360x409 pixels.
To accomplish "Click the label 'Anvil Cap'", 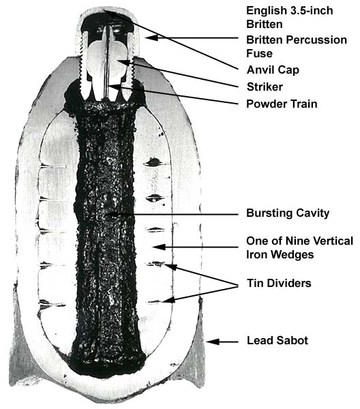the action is (273, 70).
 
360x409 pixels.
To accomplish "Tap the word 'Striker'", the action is (265, 87).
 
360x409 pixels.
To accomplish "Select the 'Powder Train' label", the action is (282, 104).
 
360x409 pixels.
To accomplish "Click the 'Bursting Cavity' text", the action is (288, 213).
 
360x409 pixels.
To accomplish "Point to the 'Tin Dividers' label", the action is (279, 283).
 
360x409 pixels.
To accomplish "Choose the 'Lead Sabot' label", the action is (277, 340).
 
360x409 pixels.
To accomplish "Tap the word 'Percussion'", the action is (316, 40).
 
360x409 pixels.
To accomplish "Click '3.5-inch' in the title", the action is (311, 11).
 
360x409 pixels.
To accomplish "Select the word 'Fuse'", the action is (259, 53).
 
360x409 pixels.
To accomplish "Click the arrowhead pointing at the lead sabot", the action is (213, 342).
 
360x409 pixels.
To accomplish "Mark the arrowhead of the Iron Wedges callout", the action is (159, 247).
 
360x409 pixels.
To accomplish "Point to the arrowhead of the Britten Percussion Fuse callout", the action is (151, 37).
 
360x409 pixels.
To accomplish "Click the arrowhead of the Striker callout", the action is (123, 62).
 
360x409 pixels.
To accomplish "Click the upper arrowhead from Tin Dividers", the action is (170, 267).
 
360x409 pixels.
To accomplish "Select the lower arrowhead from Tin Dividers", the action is (168, 300).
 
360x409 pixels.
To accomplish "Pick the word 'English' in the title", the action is (267, 11).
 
